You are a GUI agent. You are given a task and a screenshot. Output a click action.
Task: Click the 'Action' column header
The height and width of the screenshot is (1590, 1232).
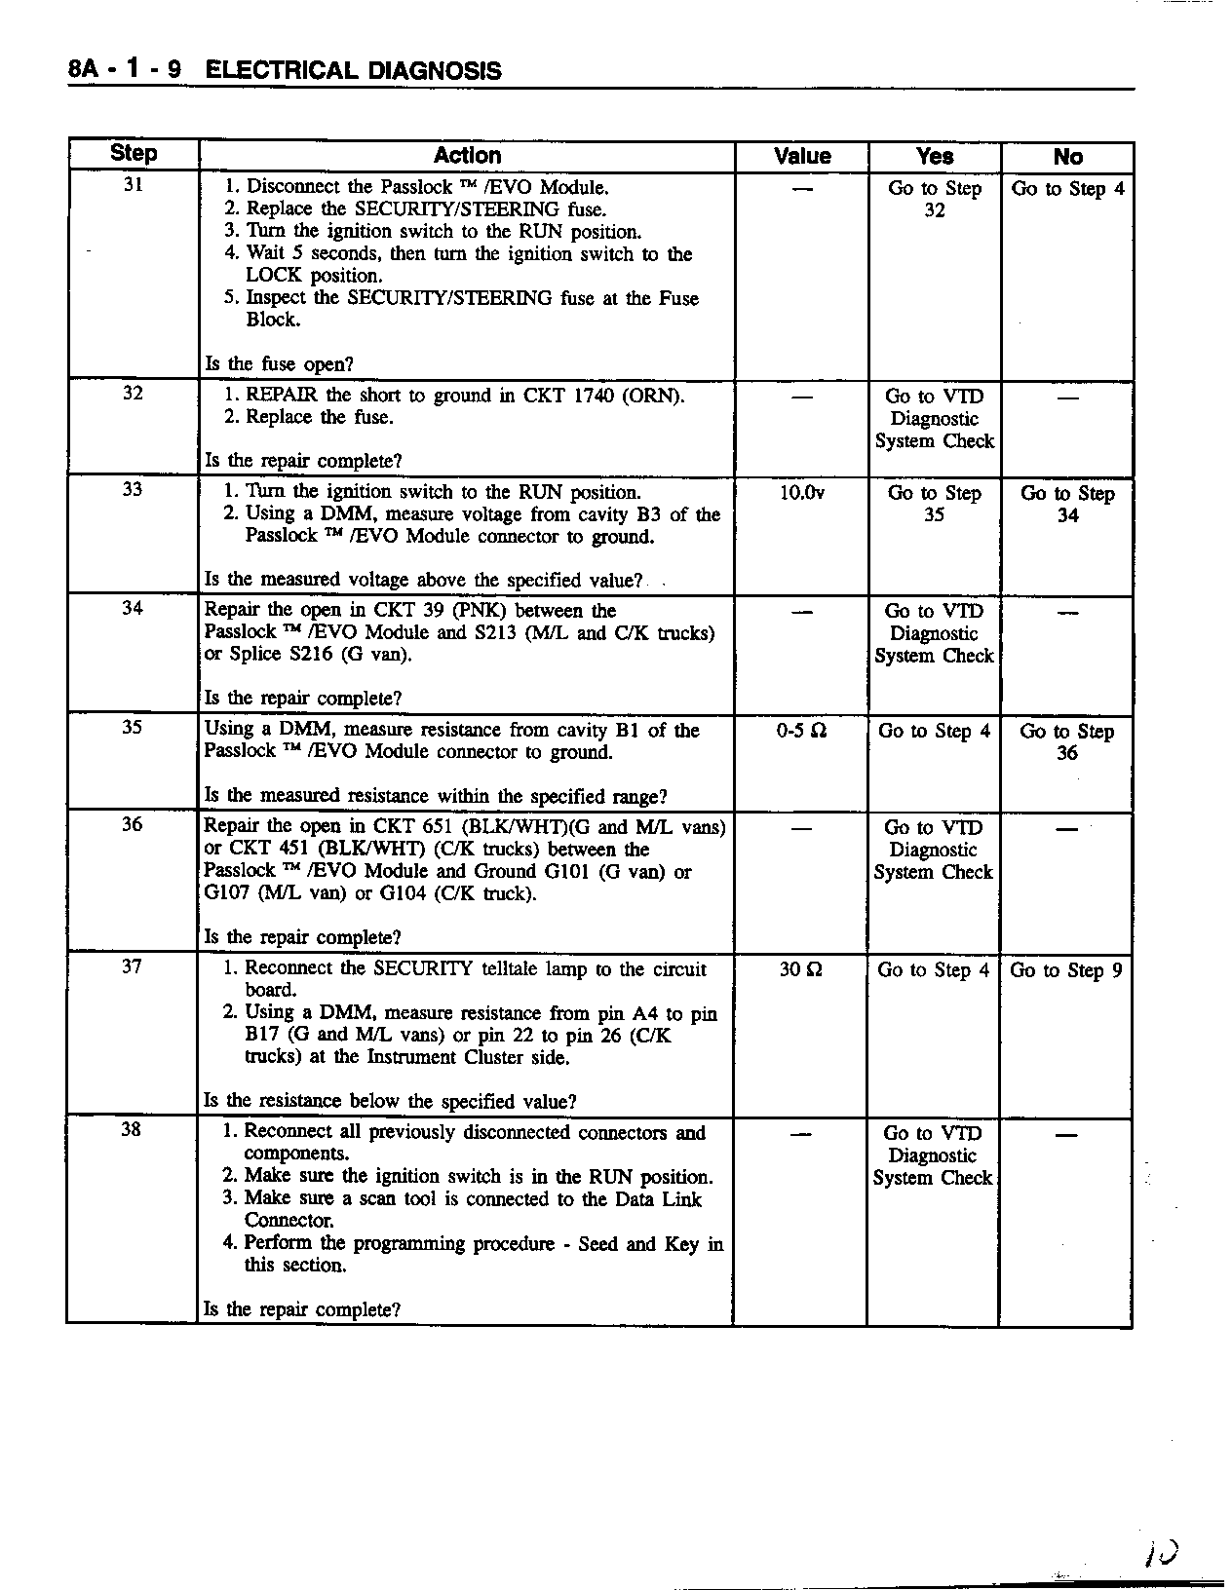pos(467,156)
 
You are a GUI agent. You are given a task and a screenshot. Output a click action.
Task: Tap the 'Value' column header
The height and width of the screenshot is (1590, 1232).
pos(801,157)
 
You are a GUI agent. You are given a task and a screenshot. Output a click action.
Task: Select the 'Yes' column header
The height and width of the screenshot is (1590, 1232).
pos(935,157)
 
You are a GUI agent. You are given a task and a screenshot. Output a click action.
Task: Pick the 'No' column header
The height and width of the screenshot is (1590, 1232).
pos(1067,157)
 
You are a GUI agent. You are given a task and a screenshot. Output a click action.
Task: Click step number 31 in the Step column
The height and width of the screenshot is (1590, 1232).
pos(134,184)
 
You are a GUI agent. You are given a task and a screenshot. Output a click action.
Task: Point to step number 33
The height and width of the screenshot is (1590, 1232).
pos(133,489)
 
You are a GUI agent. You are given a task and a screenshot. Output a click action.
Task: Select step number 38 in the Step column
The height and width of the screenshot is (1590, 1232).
pos(132,1129)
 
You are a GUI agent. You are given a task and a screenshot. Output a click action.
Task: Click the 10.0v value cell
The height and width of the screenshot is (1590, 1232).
pos(801,493)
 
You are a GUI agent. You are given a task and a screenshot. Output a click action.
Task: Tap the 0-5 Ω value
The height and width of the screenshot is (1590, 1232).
pos(801,731)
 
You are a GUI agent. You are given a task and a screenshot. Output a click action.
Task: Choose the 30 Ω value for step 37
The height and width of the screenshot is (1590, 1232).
pos(801,970)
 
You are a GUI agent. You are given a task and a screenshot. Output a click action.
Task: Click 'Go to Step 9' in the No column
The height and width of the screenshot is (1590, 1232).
pos(1066,970)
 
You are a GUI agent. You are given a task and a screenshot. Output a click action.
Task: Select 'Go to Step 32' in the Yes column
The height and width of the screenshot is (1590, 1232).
pos(934,199)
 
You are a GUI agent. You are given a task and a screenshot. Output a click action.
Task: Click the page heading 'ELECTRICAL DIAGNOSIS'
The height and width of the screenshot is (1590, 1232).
pos(355,70)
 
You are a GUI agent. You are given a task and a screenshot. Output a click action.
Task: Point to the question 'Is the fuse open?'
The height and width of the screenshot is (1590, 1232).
pos(279,364)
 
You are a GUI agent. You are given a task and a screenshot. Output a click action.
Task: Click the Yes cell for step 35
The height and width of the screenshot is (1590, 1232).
pos(934,731)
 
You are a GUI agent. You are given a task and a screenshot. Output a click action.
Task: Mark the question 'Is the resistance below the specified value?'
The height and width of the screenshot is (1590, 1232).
pos(390,1102)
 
